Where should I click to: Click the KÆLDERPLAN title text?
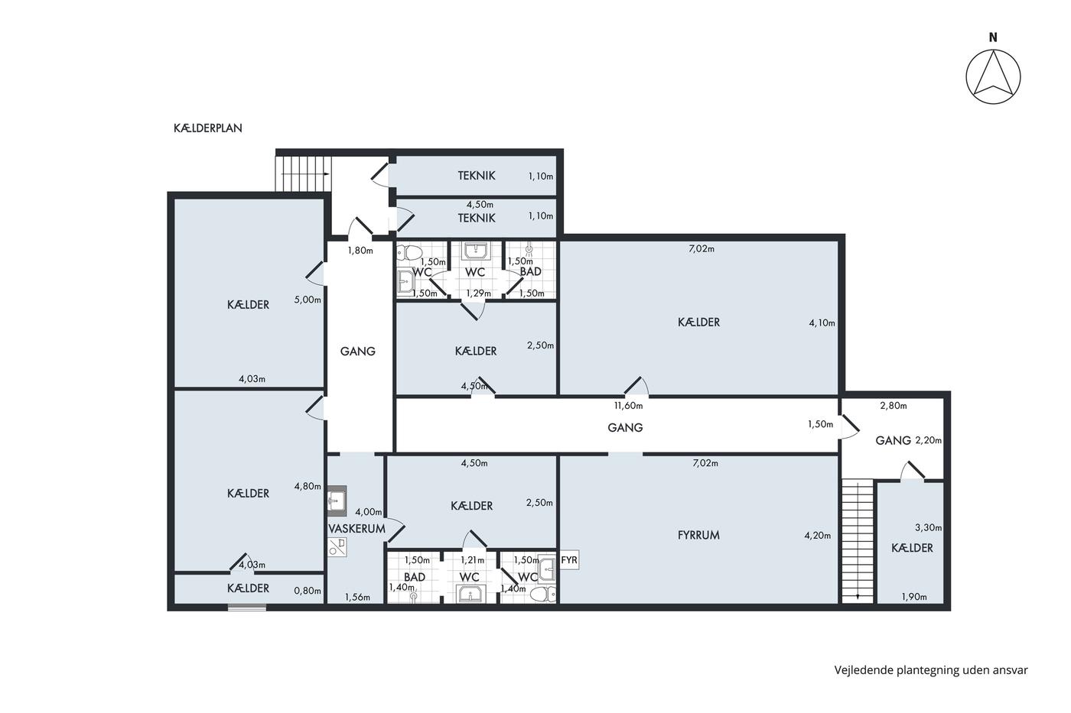(x=207, y=128)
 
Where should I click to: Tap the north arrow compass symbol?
(x=993, y=76)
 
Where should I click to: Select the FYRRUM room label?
(x=698, y=536)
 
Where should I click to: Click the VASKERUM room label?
(x=356, y=529)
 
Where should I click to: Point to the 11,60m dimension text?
(x=628, y=406)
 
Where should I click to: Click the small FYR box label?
(x=569, y=559)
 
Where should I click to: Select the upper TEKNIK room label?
(x=476, y=176)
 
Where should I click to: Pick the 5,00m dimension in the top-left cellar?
(x=308, y=300)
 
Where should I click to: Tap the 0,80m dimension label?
(x=308, y=591)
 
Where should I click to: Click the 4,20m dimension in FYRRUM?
(x=818, y=536)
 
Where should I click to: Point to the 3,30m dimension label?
(x=928, y=528)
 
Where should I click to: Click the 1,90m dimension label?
(x=914, y=597)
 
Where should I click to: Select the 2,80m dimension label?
(x=894, y=406)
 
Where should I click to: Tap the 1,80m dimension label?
(x=360, y=250)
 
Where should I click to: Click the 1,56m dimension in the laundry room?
(x=357, y=597)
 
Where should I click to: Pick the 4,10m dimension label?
(x=822, y=323)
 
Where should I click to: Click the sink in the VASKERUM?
(x=337, y=501)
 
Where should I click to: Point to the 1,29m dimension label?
(x=478, y=293)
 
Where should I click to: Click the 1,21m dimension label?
(x=473, y=560)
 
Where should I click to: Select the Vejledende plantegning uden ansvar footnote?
(x=931, y=670)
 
